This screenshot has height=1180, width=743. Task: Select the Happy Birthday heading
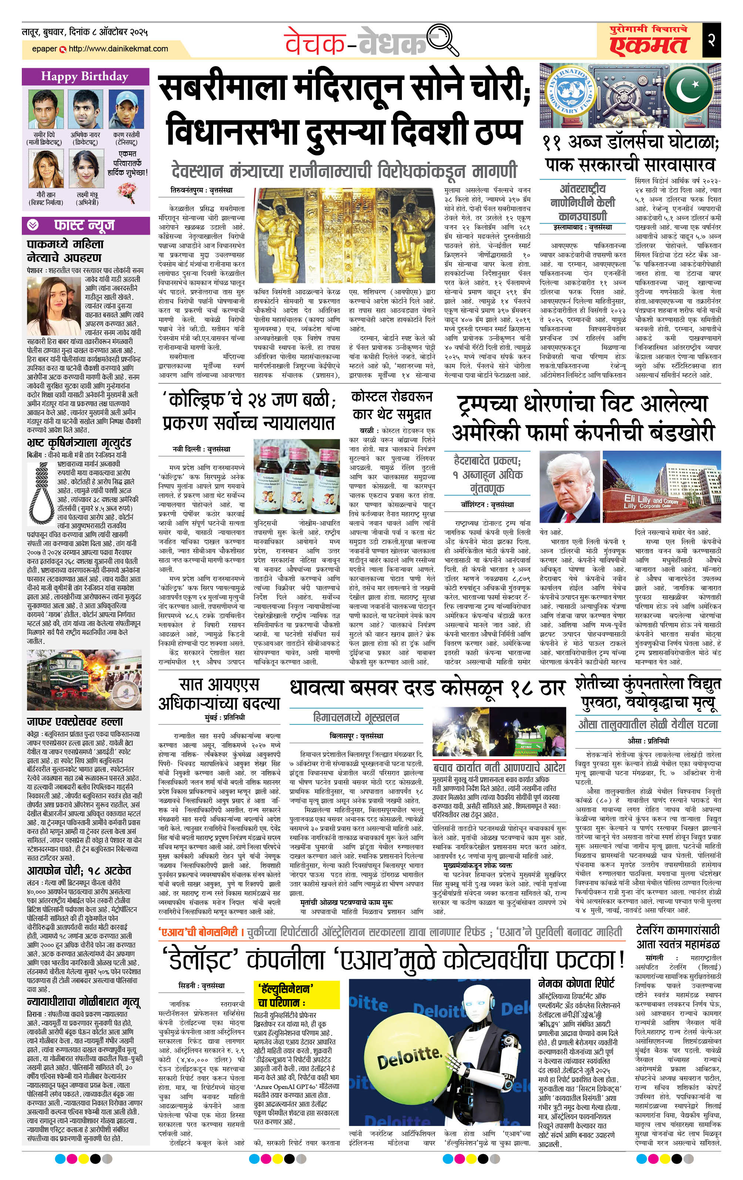coord(85,76)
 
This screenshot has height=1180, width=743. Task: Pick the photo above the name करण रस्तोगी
coord(126,109)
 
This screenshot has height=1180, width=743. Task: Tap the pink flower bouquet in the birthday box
coord(127,191)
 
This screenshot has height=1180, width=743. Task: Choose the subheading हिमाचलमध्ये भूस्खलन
coord(356,717)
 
